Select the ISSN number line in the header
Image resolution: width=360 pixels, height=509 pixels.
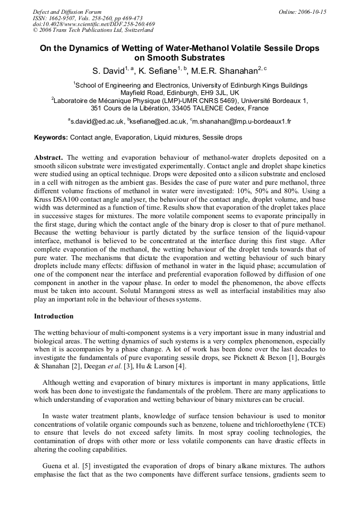pyautogui.click(x=77, y=18)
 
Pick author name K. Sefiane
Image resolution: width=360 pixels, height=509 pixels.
pyautogui.click(x=158, y=71)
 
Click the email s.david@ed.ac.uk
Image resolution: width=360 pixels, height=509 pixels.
pyautogui.click(x=98, y=122)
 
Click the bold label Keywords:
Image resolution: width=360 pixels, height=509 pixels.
pyautogui.click(x=51, y=137)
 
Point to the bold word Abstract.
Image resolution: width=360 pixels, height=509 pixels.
pyautogui.click(x=49, y=158)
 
